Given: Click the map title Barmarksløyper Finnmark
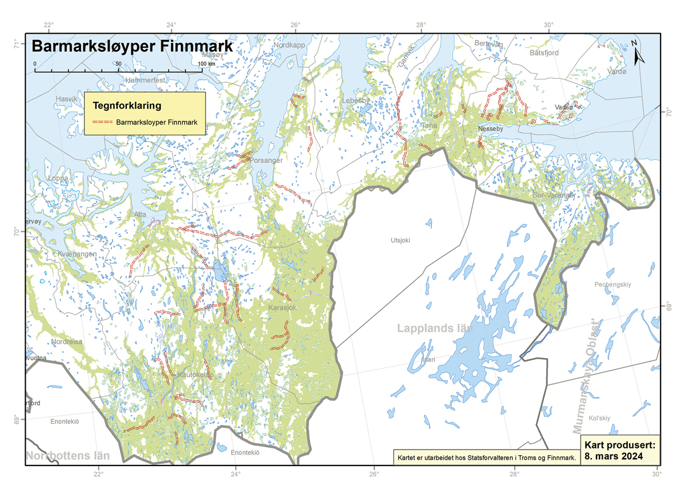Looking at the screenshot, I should tap(132, 46).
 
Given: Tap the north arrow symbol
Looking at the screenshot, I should tap(639, 53).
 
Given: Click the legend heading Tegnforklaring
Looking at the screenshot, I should tap(127, 106).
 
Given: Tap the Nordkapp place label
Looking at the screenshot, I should tap(290, 45).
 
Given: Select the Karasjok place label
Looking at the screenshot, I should tap(283, 308).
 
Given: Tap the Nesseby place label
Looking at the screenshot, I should tap(491, 130).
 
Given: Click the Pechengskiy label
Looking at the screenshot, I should tap(615, 284).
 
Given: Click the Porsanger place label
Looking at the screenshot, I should tap(266, 160).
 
